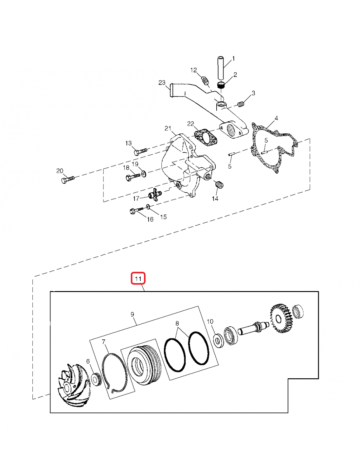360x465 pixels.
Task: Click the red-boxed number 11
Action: (x=138, y=279)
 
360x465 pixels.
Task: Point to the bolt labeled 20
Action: (x=67, y=179)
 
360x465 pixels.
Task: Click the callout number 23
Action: (x=162, y=83)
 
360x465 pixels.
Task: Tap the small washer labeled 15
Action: (x=148, y=207)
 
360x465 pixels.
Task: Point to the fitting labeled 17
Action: (x=154, y=195)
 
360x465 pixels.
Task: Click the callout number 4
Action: (x=276, y=118)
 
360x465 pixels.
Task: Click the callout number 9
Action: (x=132, y=314)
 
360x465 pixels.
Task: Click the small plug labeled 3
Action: (x=241, y=104)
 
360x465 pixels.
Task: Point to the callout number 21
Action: (x=168, y=128)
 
